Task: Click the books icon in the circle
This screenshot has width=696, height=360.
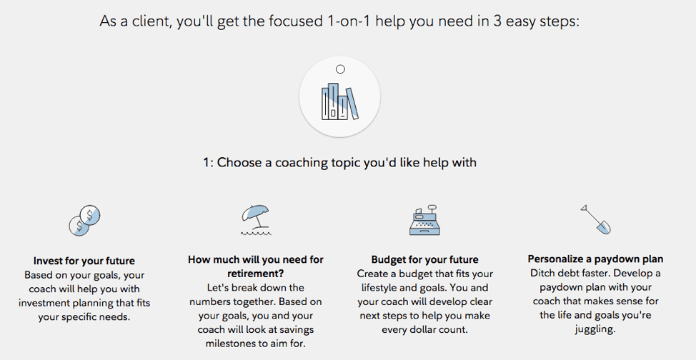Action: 339,101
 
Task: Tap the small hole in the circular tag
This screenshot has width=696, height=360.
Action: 340,69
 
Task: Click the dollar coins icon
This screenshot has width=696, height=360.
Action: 84,220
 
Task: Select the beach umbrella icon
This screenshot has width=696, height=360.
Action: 256,220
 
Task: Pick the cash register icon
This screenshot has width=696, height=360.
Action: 424,220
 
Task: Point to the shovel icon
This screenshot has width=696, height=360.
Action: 596,219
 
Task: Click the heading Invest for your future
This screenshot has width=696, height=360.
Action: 84,261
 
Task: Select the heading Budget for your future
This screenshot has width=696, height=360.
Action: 424,260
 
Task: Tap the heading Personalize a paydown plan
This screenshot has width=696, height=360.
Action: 596,259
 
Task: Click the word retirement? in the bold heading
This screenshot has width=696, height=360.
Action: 256,274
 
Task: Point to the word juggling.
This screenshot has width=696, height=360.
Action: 595,329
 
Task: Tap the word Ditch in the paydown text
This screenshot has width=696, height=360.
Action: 544,273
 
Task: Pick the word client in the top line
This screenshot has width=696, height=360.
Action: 149,21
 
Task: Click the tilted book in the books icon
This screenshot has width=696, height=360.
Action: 352,104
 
